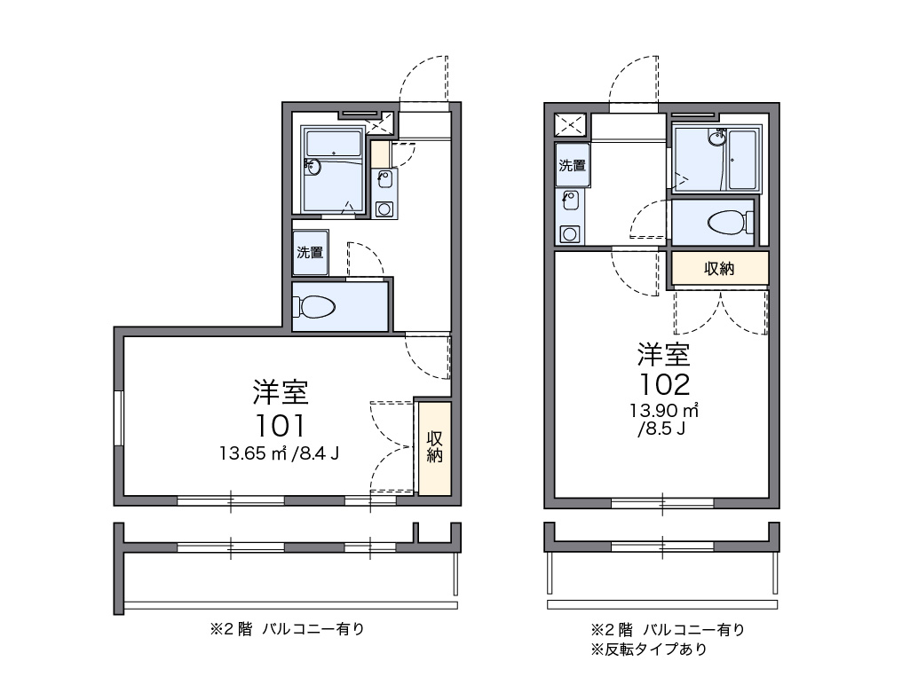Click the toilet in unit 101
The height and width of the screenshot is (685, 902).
pos(314,306)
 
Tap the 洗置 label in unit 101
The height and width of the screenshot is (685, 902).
pos(310,252)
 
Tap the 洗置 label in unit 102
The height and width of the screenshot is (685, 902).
pos(573,165)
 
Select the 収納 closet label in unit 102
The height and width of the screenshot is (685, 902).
pos(719,268)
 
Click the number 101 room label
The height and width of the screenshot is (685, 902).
pos(281,426)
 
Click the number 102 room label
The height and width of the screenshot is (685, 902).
pos(664,384)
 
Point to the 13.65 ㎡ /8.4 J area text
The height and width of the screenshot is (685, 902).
pos(279,453)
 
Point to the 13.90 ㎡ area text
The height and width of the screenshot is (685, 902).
pos(664,411)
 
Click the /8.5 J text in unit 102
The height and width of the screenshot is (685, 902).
pos(661,429)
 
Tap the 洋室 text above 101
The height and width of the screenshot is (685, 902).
pos(281,392)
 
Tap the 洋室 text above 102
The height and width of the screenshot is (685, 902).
pos(664,354)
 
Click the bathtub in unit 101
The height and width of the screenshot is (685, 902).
pos(334,142)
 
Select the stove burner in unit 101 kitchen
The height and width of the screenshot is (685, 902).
pos(384,209)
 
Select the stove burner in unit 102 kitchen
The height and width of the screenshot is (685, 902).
pos(569,234)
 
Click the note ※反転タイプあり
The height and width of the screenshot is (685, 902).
pos(649,650)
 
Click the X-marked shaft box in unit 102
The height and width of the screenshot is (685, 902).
pos(570,125)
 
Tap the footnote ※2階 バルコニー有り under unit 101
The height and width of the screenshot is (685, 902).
pos(287,629)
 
